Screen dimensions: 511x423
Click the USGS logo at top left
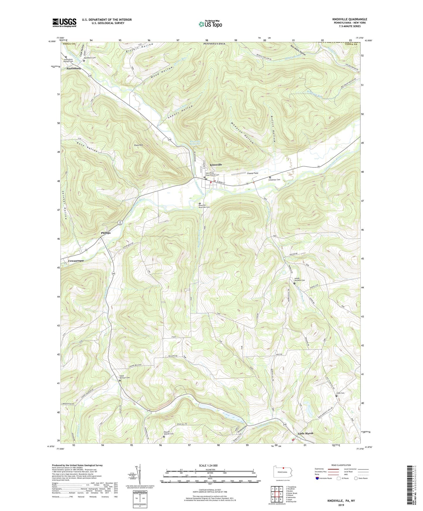click(x=64, y=22)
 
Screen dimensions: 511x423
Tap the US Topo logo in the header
click(x=210, y=24)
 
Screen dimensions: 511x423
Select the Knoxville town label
click(x=216, y=165)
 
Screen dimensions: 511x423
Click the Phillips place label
click(x=106, y=233)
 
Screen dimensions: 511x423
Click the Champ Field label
click(x=252, y=173)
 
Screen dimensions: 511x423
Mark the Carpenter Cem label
click(x=276, y=180)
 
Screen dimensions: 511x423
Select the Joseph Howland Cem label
click(x=299, y=280)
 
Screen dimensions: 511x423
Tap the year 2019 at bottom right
click(x=341, y=505)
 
